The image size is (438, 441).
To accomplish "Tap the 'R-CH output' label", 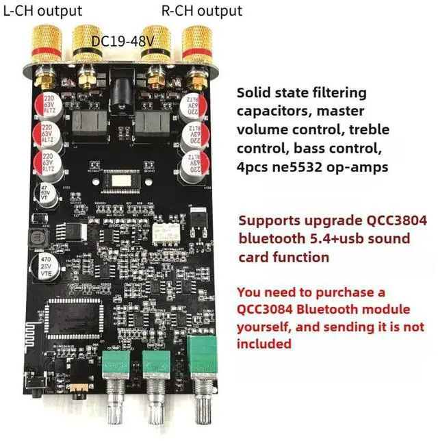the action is (201, 11).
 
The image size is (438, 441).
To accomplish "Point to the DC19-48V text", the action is (123, 41).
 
